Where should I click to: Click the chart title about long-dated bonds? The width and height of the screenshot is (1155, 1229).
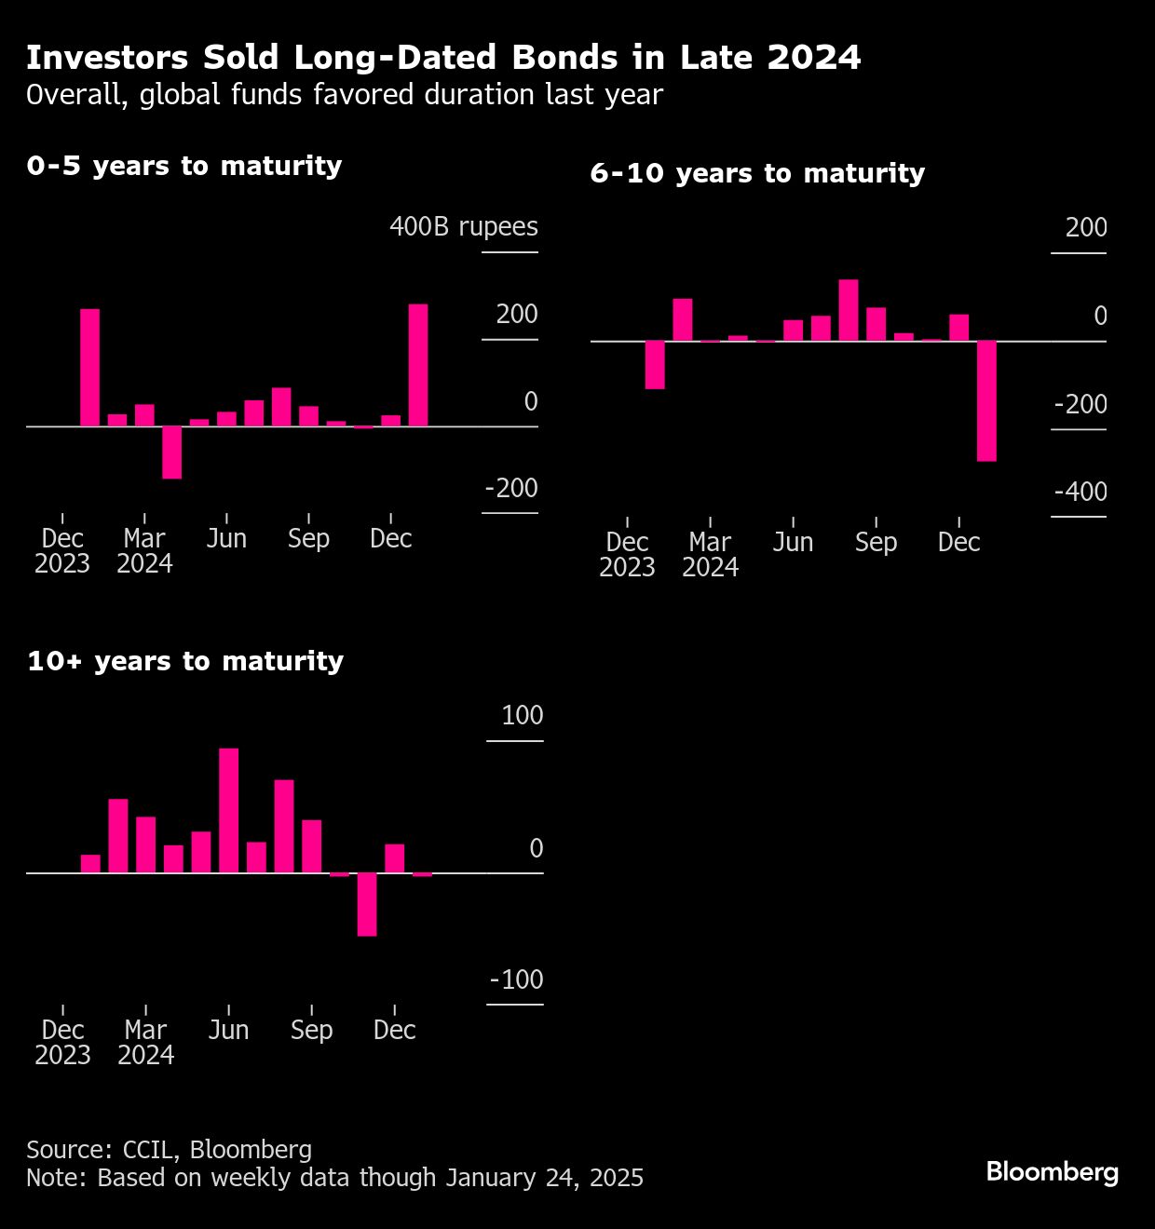tap(443, 58)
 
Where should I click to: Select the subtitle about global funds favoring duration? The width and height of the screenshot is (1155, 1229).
tap(345, 95)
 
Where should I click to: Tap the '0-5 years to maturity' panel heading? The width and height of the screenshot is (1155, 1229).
tap(184, 166)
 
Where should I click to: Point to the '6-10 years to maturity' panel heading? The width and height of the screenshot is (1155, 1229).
tap(757, 173)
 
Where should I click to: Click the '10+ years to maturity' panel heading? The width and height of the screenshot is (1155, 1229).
tap(185, 661)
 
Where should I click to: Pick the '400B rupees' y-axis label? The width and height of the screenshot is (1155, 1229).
tap(463, 227)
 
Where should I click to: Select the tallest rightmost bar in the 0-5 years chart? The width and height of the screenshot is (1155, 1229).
tap(418, 365)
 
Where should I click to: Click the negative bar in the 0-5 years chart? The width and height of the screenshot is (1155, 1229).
tap(171, 452)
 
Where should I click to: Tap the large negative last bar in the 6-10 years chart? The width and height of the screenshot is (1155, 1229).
tap(986, 400)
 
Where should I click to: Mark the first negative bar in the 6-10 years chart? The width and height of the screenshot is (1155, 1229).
tap(655, 364)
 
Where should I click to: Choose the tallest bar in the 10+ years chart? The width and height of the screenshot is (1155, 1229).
tap(228, 810)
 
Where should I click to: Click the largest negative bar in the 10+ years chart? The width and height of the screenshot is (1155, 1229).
tap(367, 904)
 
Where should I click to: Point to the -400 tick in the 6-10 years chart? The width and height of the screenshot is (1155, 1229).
tap(1080, 493)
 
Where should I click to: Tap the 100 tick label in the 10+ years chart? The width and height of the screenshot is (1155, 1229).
tap(522, 716)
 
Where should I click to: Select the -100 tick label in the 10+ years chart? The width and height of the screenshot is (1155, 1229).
tap(516, 980)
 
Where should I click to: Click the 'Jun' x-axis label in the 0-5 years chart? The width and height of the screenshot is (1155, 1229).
tap(226, 539)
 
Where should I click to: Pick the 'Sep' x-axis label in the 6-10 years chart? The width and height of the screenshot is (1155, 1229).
tap(876, 543)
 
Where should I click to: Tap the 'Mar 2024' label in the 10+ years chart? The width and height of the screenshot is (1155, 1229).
tap(145, 1043)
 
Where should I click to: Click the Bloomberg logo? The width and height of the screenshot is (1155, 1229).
tap(1052, 1171)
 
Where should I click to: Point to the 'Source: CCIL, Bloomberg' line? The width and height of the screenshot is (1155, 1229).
tap(169, 1150)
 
